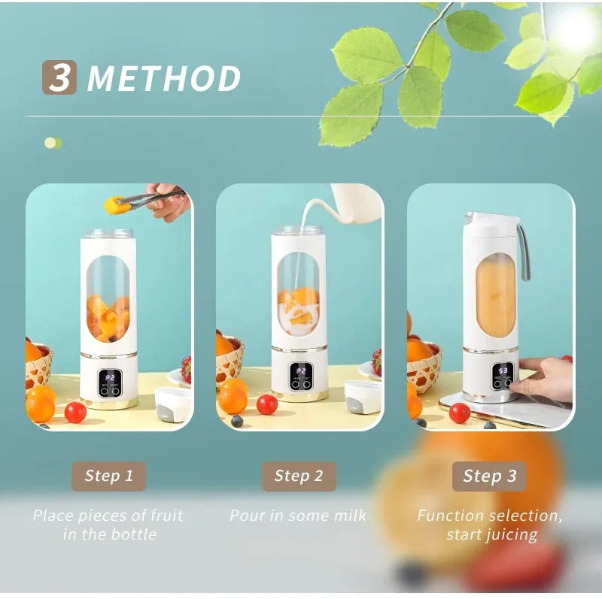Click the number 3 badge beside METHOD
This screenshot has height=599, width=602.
59,78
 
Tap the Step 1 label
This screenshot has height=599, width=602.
109,476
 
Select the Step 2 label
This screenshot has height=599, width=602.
299,476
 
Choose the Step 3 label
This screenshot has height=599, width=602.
490,476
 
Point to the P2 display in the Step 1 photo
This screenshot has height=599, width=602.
110,376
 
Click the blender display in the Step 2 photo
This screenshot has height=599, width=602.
301,372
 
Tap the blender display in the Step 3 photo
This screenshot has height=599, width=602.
503,371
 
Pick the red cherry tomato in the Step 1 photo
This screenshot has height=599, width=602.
75,412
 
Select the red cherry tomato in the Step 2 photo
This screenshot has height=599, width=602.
267,404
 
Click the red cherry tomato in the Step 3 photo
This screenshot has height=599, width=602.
460,413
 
